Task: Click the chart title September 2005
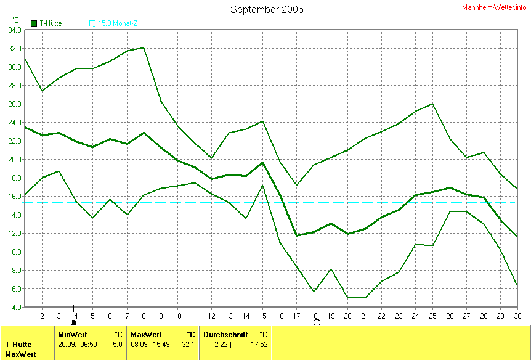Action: pos(267,9)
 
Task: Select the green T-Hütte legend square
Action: pos(34,23)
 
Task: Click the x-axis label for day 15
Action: pos(263,315)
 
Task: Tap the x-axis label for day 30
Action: pos(517,315)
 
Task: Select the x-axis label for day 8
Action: pos(144,315)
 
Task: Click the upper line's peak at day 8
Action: pos(144,47)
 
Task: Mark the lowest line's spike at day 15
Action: pos(263,185)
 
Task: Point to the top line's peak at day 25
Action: pos(433,104)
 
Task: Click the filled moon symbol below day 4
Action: pos(74,322)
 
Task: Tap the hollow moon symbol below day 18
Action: pos(317,322)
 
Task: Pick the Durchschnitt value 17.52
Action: pos(259,344)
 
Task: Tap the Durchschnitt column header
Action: pos(225,334)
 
